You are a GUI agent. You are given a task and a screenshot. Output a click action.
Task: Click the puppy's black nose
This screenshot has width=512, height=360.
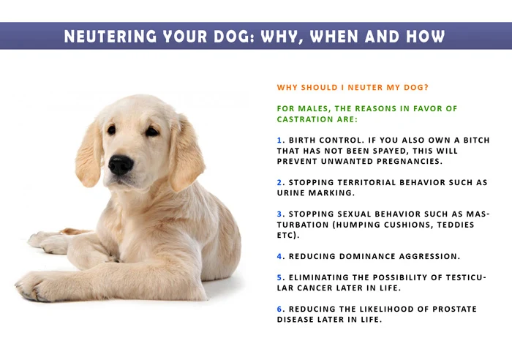pyautogui.click(x=121, y=164)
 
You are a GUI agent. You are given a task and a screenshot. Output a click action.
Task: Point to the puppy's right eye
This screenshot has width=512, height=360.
pyautogui.click(x=151, y=132)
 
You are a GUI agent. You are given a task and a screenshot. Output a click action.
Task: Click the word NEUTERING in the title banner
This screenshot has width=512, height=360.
pyautogui.click(x=110, y=36)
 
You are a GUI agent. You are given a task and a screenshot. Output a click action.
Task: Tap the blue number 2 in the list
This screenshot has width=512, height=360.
pyautogui.click(x=279, y=182)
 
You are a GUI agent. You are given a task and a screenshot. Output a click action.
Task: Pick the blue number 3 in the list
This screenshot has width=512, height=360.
pyautogui.click(x=279, y=214)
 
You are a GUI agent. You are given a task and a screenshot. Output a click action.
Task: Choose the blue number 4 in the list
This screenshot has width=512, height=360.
pyautogui.click(x=279, y=257)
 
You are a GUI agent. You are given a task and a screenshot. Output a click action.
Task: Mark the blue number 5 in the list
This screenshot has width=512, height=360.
pyautogui.click(x=279, y=278)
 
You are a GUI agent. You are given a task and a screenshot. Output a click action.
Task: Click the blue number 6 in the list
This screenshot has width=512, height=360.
pyautogui.click(x=279, y=310)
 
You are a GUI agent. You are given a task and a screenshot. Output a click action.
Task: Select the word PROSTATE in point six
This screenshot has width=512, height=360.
pyautogui.click(x=449, y=310)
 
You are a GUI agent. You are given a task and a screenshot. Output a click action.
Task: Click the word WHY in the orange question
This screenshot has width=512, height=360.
pyautogui.click(x=288, y=88)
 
